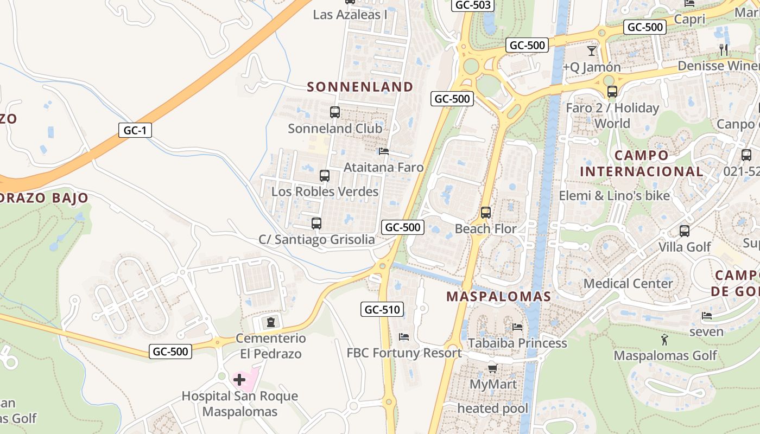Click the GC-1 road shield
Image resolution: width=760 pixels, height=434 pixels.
coord(135,130)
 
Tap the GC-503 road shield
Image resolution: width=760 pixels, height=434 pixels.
coord(473,5)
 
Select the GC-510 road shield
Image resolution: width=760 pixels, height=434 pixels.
coord(382,310)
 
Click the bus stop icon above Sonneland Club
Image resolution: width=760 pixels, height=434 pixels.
coord(335,112)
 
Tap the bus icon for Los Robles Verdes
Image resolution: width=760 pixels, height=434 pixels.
coord(325,176)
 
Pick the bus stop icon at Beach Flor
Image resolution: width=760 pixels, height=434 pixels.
coord(486,213)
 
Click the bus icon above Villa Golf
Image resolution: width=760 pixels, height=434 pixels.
coord(685,231)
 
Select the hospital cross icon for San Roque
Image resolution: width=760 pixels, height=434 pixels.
coord(239,379)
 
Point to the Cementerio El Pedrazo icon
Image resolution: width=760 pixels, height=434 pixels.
coord(270,322)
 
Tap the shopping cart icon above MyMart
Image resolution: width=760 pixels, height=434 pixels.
coord(492,369)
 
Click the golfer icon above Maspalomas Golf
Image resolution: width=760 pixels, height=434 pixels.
coord(665,340)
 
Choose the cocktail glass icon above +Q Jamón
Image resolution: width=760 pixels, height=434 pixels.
coord(591,51)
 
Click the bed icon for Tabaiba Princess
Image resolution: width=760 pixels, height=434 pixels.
coord(517,327)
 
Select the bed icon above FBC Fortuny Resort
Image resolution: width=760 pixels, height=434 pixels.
coord(404,337)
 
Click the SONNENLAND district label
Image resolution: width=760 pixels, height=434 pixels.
coord(360,87)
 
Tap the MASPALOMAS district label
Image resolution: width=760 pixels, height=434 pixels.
coord(498,297)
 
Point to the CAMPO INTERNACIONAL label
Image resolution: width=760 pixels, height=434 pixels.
coord(641,163)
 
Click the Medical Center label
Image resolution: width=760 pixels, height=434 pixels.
coord(628,283)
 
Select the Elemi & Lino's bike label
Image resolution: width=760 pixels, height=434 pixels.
coord(615,195)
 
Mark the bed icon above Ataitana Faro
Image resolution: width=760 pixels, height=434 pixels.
coord(384,151)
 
